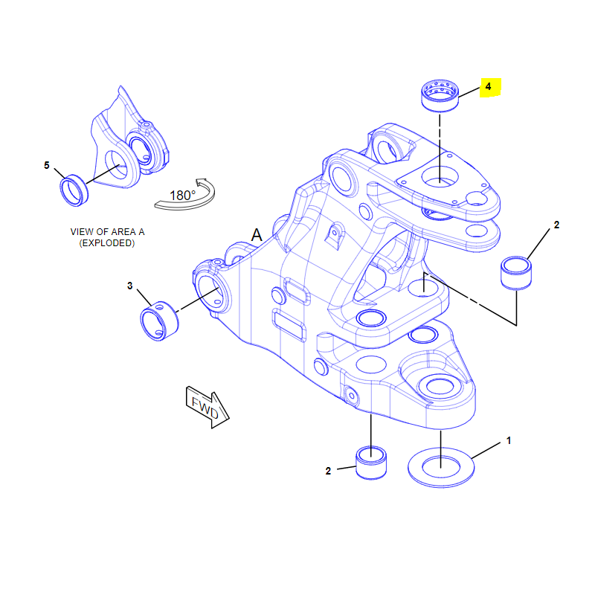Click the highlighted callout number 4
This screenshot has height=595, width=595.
pyautogui.click(x=489, y=87)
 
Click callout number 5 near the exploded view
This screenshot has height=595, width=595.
pyautogui.click(x=47, y=165)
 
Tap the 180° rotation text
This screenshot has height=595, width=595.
pyautogui.click(x=182, y=196)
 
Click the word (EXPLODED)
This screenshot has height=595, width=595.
pyautogui.click(x=107, y=243)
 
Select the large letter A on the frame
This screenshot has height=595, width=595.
pyautogui.click(x=257, y=235)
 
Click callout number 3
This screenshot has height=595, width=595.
pyautogui.click(x=129, y=286)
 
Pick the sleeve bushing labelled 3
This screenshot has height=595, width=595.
pyautogui.click(x=160, y=321)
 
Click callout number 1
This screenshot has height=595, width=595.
pyautogui.click(x=509, y=441)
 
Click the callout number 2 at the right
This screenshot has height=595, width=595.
pyautogui.click(x=556, y=225)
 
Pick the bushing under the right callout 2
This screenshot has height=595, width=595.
pyautogui.click(x=516, y=274)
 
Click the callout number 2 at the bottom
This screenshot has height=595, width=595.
pyautogui.click(x=328, y=470)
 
